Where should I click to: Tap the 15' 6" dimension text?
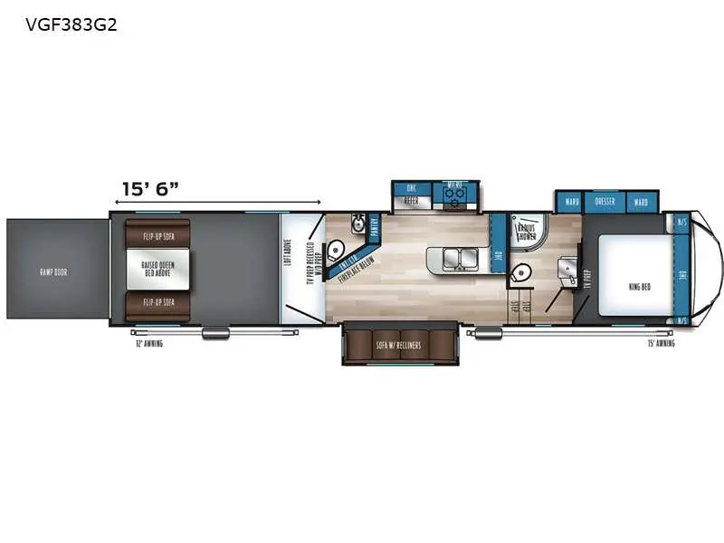(150, 188)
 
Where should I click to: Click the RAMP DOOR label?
(54, 271)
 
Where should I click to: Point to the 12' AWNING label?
(148, 344)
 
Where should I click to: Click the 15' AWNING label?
(661, 344)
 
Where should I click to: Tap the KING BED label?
(639, 286)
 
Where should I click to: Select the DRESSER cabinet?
(605, 201)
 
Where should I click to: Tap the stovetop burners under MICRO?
(455, 193)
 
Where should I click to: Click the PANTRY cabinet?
(376, 231)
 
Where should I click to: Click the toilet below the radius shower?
(521, 271)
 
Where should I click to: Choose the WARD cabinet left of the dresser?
(571, 201)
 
